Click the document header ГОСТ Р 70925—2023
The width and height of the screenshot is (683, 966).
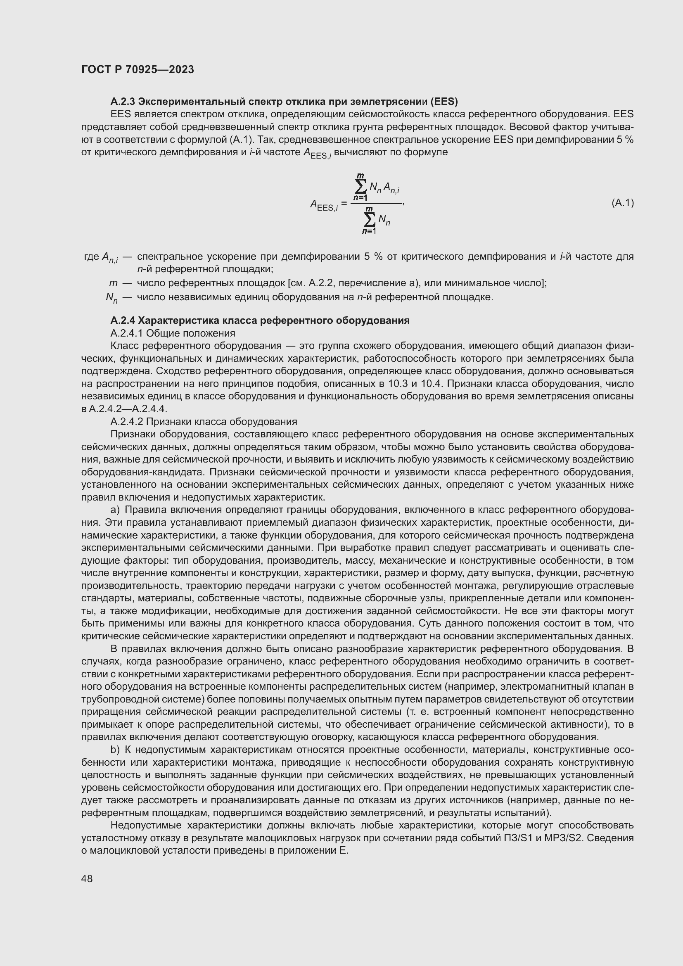pos(138,70)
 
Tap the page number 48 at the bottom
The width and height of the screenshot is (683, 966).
pos(87,878)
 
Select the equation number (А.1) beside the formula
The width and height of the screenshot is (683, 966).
pos(622,203)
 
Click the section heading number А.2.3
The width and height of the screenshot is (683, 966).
pos(123,102)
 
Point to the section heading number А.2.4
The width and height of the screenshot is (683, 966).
pos(123,320)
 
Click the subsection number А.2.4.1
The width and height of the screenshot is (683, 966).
pos(127,333)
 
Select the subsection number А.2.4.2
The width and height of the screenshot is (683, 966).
pos(127,422)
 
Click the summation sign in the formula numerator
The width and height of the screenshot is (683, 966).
pos(360,186)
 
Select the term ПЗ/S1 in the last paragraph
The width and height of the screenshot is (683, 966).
pos(518,838)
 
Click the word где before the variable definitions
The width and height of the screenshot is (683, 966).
pos(92,256)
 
